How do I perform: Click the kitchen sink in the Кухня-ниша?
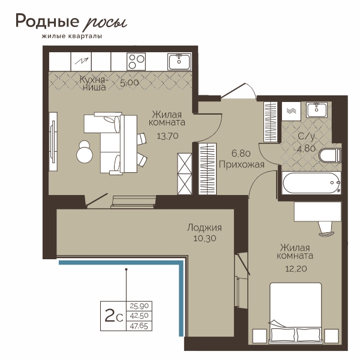(x=179, y=61)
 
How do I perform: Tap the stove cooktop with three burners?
(x=136, y=62)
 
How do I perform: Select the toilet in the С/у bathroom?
(x=330, y=155)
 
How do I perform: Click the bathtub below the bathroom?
(x=311, y=183)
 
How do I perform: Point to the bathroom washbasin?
(x=317, y=110)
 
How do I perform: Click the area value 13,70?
(x=167, y=136)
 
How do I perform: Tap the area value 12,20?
(x=296, y=268)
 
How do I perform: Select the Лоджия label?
(x=205, y=228)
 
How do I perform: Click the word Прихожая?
(x=242, y=164)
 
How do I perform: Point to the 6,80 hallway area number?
(x=241, y=153)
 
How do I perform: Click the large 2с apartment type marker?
(x=114, y=316)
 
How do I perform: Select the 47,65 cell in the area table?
(x=139, y=326)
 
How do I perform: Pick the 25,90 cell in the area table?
(x=139, y=306)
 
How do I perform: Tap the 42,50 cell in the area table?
(x=139, y=316)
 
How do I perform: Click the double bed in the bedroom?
(x=295, y=313)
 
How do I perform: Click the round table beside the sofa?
(x=84, y=155)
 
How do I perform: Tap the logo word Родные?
(x=47, y=21)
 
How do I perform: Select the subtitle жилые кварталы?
(x=72, y=36)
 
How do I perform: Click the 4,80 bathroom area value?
(x=306, y=149)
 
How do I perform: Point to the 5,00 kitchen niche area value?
(x=130, y=83)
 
